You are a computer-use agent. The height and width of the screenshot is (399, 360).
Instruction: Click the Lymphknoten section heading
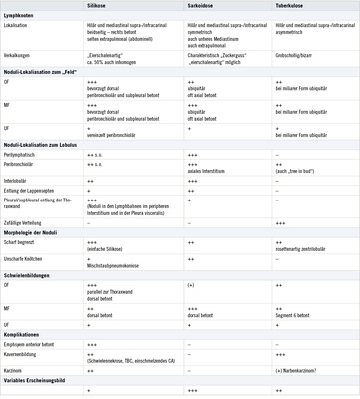[20, 15]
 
